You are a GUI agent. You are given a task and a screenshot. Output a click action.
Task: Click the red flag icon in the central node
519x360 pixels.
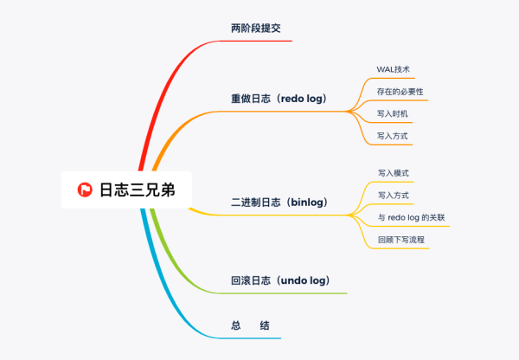pyautogui.click(x=85, y=190)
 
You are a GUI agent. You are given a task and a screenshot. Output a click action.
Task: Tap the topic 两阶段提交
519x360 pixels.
pyautogui.click(x=256, y=29)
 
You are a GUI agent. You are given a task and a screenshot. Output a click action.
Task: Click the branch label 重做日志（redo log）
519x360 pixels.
pyautogui.click(x=279, y=99)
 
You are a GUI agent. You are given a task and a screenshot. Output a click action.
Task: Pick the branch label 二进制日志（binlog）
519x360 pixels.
pyautogui.click(x=279, y=202)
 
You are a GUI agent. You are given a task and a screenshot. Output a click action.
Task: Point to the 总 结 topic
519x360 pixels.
pyautogui.click(x=251, y=325)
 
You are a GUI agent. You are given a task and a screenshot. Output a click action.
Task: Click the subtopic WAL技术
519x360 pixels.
pyautogui.click(x=394, y=68)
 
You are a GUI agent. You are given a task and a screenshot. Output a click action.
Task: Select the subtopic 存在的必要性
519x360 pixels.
pyautogui.click(x=400, y=91)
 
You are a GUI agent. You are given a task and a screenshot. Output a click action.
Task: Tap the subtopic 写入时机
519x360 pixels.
pyautogui.click(x=394, y=113)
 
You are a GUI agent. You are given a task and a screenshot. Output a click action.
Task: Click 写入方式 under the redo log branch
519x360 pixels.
pyautogui.click(x=394, y=136)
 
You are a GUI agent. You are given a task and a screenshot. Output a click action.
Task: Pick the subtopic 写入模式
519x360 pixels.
pyautogui.click(x=394, y=174)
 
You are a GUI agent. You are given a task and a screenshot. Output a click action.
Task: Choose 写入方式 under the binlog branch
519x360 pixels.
pyautogui.click(x=394, y=196)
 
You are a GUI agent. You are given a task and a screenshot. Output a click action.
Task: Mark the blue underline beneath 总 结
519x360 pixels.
pyautogui.click(x=251, y=337)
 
